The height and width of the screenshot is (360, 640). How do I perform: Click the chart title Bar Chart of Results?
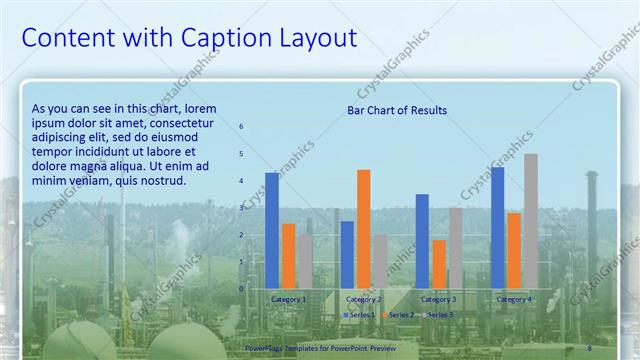[397, 110]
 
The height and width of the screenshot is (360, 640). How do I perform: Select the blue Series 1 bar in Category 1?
[272, 230]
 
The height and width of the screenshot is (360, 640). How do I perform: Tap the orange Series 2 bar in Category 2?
[363, 229]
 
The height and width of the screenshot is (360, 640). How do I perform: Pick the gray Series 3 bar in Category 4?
[530, 221]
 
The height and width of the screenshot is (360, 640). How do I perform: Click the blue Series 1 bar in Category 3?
[422, 241]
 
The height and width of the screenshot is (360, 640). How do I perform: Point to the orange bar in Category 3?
[439, 264]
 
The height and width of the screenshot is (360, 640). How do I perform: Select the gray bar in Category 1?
[304, 262]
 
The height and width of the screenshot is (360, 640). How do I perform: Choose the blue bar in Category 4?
[498, 228]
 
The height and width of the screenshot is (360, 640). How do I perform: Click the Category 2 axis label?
[363, 299]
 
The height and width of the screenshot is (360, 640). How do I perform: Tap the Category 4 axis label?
[514, 299]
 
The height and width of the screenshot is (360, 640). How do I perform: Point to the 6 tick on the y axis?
[240, 126]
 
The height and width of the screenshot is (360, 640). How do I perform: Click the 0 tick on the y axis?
[240, 289]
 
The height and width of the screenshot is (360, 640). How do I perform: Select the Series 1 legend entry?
[361, 315]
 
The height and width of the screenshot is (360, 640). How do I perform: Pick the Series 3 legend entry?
[437, 315]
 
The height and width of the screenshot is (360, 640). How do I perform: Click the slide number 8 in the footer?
[590, 347]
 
